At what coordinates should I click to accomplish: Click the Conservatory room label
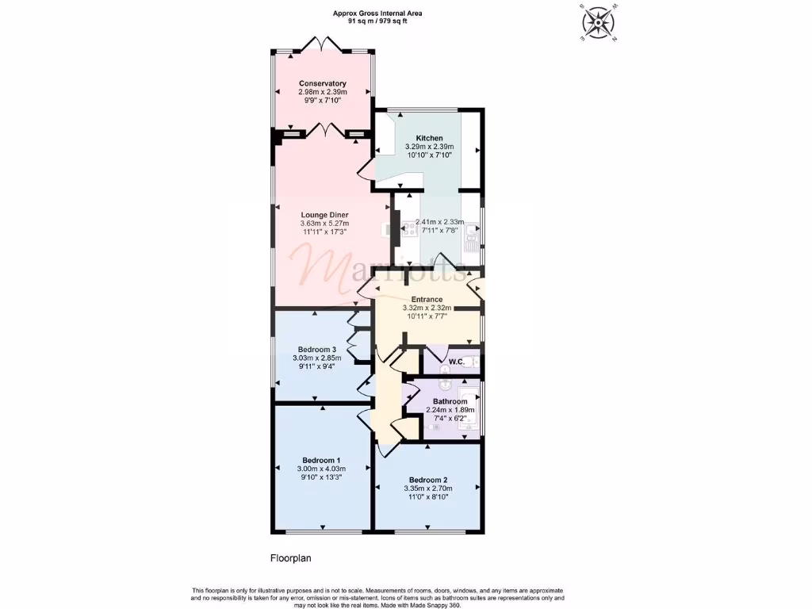(322, 83)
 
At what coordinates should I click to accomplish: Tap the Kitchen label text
(429, 138)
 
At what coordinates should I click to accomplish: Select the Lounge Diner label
(324, 214)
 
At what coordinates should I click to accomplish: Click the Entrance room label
(427, 299)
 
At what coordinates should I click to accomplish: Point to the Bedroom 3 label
(317, 350)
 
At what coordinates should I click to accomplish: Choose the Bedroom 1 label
(321, 460)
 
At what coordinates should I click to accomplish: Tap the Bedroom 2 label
(428, 480)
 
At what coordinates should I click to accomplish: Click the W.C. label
(456, 362)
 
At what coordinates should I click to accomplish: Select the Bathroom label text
(450, 401)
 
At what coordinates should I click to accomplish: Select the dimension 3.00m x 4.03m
(321, 469)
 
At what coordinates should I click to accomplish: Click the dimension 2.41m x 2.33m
(439, 223)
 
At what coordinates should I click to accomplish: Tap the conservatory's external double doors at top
(324, 44)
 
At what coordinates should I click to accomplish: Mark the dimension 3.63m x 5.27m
(324, 224)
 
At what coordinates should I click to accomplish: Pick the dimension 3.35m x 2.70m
(428, 488)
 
